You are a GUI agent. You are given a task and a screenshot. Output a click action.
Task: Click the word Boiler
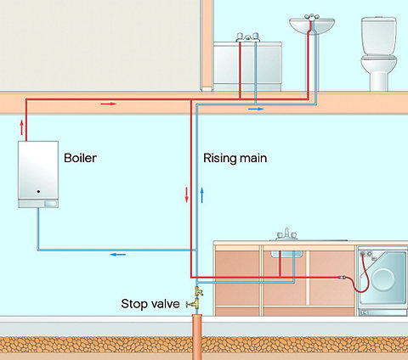click(80, 158)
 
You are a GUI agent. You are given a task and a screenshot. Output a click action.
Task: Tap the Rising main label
click(235, 158)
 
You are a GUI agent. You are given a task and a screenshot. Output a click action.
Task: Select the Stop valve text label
click(150, 304)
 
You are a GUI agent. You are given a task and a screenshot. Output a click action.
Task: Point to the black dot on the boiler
click(38, 192)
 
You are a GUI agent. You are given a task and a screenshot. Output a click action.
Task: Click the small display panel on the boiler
click(50, 204)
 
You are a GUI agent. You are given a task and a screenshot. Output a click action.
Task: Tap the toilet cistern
click(379, 36)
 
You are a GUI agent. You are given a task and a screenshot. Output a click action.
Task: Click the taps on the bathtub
click(248, 37)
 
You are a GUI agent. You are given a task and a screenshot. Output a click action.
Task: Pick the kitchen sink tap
click(286, 234)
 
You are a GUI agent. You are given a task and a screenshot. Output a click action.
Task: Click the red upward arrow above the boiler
click(22, 127)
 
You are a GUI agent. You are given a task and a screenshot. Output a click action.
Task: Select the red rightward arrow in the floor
click(109, 104)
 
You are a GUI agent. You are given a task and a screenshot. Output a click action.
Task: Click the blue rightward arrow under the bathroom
click(256, 109)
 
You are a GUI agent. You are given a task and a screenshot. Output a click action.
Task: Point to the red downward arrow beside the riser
click(186, 194)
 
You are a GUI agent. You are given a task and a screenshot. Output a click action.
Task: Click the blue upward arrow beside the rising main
click(202, 194)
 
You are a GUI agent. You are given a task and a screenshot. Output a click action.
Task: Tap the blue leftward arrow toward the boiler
click(118, 255)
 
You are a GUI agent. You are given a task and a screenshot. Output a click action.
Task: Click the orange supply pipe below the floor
click(197, 337)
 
